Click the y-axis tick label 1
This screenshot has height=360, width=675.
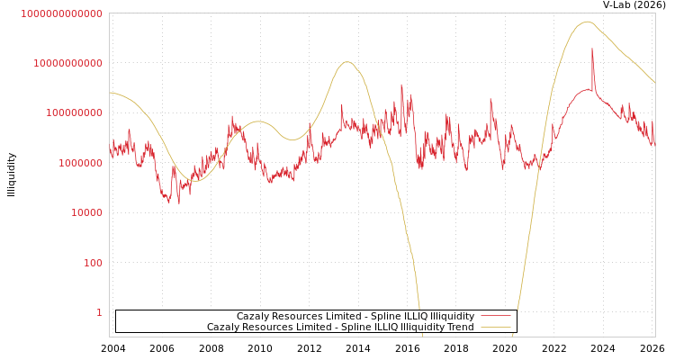[x=99, y=312]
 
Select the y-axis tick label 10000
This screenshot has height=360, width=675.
[x=88, y=212]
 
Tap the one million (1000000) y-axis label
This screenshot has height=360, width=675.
[x=83, y=163]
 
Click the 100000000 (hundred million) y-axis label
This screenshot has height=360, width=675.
[x=76, y=112]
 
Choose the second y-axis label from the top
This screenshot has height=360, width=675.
[x=67, y=63]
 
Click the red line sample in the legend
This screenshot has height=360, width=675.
[x=495, y=317]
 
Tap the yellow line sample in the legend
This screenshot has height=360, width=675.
[x=495, y=328]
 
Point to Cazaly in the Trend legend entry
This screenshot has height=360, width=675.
[x=224, y=328]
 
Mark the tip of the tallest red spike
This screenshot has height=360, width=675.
[x=592, y=49]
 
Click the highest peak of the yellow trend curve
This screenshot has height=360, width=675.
[x=588, y=22]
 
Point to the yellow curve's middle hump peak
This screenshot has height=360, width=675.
[x=347, y=62]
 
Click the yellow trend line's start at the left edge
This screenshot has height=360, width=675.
[x=111, y=92]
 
